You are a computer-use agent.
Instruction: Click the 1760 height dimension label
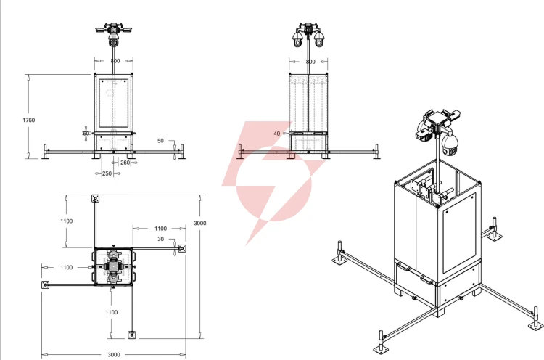[x=29, y=120]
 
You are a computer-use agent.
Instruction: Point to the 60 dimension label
[x=86, y=134]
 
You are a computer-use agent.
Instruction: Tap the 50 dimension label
[x=160, y=141]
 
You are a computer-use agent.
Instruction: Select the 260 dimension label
[x=125, y=163]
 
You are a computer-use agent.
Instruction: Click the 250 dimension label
[x=107, y=173]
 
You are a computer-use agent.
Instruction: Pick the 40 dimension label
[x=276, y=134]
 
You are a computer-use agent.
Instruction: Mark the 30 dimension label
[x=160, y=240]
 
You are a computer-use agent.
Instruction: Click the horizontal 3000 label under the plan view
[x=114, y=355]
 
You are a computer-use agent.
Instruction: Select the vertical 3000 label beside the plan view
[x=200, y=224]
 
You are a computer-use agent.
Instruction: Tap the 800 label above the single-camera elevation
[x=115, y=61]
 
